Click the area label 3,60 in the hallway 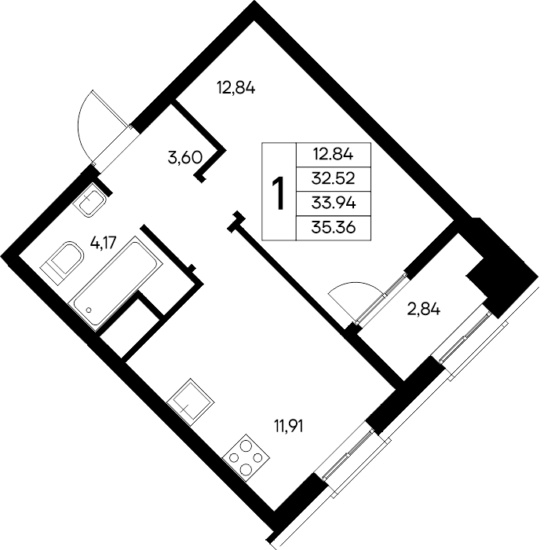[x=185, y=158]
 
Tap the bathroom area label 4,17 [x=103, y=242]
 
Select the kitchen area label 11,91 [x=288, y=426]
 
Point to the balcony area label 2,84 [x=423, y=310]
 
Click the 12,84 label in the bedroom [x=236, y=88]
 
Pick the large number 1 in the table [x=279, y=193]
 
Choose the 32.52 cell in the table [x=334, y=179]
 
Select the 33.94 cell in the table [x=334, y=203]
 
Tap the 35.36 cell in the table [x=334, y=228]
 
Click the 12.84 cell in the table [x=334, y=154]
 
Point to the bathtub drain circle [x=89, y=310]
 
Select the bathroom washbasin [x=89, y=200]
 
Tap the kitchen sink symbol [x=190, y=401]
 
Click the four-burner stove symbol [x=246, y=457]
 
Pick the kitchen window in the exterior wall [x=347, y=454]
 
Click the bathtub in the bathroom [x=116, y=284]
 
